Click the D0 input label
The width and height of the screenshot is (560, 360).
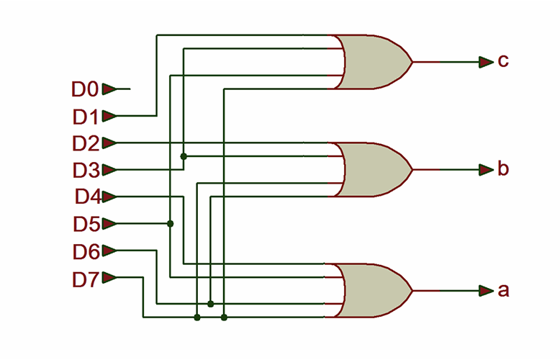coord(85,89)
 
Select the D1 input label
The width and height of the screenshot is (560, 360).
coord(85,116)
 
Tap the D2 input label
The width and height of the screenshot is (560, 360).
coord(85,143)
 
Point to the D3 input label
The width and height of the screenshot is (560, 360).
coord(85,170)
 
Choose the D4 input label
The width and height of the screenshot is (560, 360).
coord(86,197)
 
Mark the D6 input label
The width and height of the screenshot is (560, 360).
coord(85,251)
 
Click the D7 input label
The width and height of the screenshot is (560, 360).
coord(85,278)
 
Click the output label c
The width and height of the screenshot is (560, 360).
coord(503,61)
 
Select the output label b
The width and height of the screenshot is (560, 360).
coord(503,170)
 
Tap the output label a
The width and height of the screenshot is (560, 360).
coord(503,291)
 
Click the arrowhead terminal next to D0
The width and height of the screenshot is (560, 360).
coord(109,89)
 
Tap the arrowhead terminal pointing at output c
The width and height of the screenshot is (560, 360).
coord(486,62)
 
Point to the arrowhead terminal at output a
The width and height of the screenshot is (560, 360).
coord(486,291)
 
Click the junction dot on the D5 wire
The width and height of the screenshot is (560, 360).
coord(171,224)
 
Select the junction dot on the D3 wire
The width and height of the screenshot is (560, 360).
coord(184,156)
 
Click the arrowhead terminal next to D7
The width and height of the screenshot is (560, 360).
coord(109,278)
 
